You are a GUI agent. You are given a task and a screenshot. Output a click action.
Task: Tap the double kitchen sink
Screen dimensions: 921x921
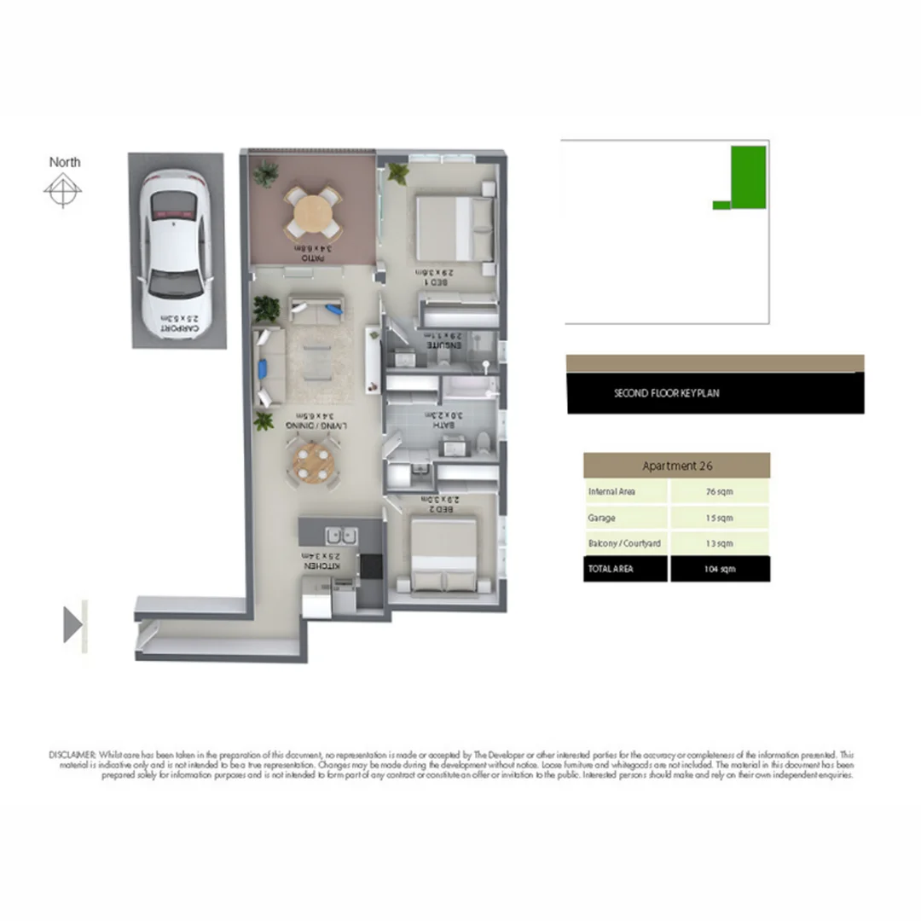coord(342,536)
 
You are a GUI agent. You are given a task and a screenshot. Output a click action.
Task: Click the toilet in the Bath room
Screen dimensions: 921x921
coord(483,441)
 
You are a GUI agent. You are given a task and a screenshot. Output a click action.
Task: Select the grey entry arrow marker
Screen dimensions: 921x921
coord(73,624)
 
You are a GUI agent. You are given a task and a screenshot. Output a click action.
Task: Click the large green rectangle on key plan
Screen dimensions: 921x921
coord(749,177)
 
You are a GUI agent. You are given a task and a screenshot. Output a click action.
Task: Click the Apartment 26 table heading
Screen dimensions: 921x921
coord(676,466)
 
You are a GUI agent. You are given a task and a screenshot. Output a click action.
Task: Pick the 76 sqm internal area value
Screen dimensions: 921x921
coord(720,492)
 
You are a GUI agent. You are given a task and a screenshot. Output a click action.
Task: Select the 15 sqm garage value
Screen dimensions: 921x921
coord(720,518)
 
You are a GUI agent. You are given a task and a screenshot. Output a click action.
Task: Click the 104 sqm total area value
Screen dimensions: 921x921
coord(720,569)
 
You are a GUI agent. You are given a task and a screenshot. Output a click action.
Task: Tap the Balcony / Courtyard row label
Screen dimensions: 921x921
coord(624,543)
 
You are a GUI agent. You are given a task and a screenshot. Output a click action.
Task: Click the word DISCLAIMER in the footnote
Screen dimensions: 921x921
coord(73,755)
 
